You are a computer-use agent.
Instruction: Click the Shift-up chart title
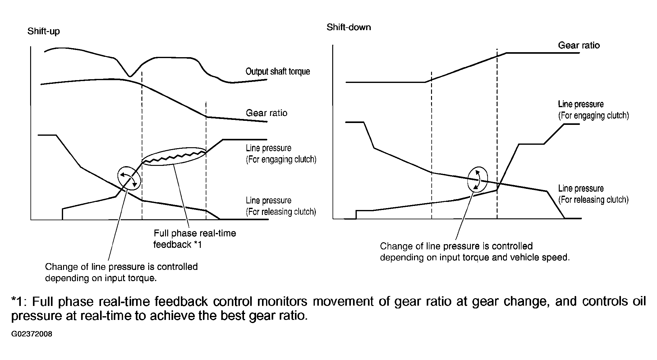click(x=44, y=31)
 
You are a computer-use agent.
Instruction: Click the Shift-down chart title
click(x=349, y=27)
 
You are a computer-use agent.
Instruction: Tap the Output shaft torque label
click(x=278, y=71)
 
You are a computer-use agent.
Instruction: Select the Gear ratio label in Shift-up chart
click(x=266, y=113)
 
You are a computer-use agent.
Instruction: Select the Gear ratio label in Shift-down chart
click(x=579, y=45)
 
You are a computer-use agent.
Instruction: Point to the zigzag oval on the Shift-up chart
click(x=174, y=157)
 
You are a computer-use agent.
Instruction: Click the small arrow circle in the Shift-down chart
click(x=477, y=179)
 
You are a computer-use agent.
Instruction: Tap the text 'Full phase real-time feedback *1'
click(x=195, y=239)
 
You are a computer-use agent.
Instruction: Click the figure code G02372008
click(x=32, y=334)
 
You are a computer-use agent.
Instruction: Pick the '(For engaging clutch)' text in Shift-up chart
click(x=281, y=160)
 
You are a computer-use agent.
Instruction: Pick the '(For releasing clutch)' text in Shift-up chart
click(x=281, y=212)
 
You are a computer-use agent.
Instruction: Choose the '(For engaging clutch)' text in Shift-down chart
click(x=593, y=116)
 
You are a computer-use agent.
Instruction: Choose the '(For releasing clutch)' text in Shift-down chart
click(x=593, y=200)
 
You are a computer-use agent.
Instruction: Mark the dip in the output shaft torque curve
click(x=130, y=75)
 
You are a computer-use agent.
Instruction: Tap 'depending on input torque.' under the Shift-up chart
click(x=101, y=278)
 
